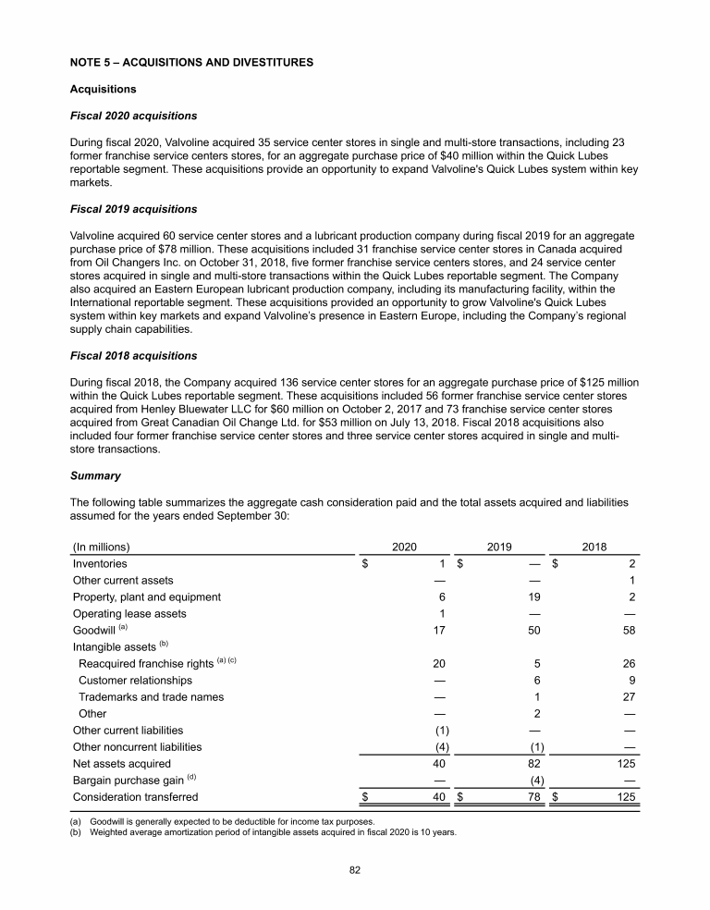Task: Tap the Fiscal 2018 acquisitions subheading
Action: (x=133, y=356)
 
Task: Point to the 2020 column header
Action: (x=403, y=546)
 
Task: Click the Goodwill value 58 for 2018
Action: (x=629, y=630)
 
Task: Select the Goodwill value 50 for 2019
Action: (x=533, y=630)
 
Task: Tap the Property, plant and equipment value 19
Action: (x=533, y=596)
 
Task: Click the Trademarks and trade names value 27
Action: (x=629, y=696)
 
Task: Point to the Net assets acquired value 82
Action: (x=533, y=763)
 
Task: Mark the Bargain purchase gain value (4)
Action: (x=532, y=780)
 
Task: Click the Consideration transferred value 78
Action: (x=533, y=796)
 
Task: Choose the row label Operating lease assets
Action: (x=129, y=613)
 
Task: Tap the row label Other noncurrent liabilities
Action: (x=137, y=746)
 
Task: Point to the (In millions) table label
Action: (x=101, y=546)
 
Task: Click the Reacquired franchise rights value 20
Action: (x=438, y=663)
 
